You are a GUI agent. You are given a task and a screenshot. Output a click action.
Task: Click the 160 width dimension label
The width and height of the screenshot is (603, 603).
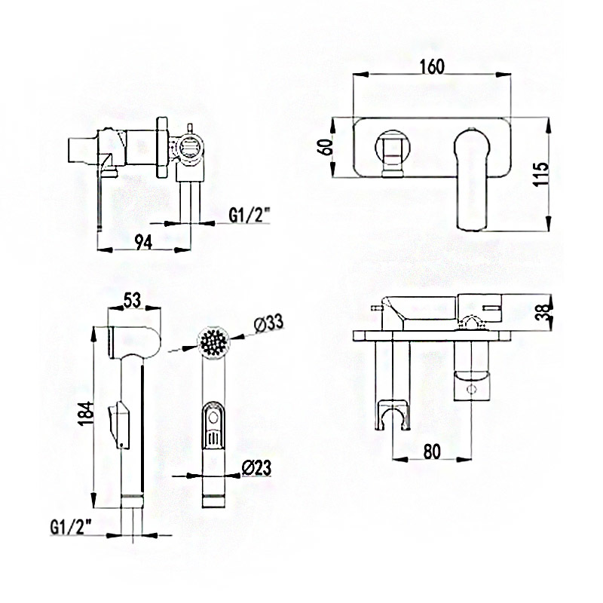coord(432,66)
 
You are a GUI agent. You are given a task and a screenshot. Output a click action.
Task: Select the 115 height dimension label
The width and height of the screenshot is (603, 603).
coord(543,174)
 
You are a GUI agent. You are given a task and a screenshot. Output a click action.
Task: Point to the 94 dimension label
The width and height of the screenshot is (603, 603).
coord(143,242)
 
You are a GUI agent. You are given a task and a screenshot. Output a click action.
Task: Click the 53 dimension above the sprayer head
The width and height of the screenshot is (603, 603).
coord(133,300)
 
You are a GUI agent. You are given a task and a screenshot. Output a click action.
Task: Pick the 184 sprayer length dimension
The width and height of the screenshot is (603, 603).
coord(85,413)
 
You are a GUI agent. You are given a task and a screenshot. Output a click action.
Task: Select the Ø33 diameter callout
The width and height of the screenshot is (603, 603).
coord(268,323)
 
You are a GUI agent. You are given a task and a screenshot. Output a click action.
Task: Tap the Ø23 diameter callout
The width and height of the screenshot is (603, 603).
coord(256,467)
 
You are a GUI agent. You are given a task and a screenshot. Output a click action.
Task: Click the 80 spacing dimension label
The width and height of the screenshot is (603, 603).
coord(432,451)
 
